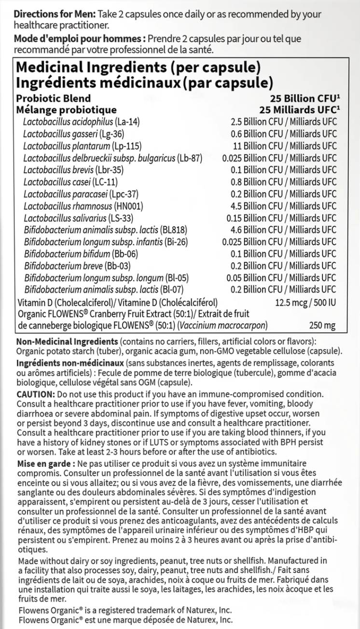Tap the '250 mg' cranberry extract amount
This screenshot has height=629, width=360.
pyautogui.click(x=322, y=326)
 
